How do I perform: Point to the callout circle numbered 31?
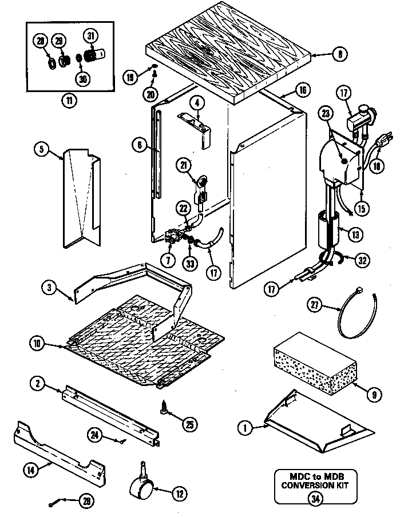click(90, 36)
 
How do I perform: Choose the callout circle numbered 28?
click(41, 41)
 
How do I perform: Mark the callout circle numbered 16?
click(303, 90)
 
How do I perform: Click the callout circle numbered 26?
click(86, 502)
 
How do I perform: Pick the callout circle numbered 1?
click(245, 425)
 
